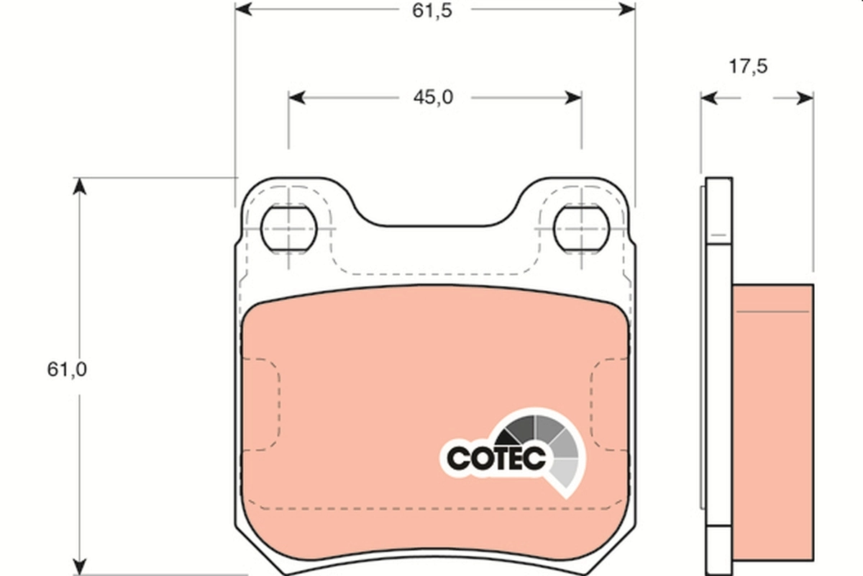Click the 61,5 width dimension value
pyautogui.click(x=432, y=11)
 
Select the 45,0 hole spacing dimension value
pyautogui.click(x=434, y=98)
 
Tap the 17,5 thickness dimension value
pyautogui.click(x=748, y=66)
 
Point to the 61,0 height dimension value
pyautogui.click(x=67, y=369)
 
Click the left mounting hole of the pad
pyautogui.click(x=288, y=229)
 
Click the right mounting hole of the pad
pyautogui.click(x=581, y=229)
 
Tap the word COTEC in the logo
pyautogui.click(x=496, y=458)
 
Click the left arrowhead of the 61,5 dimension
pyautogui.click(x=244, y=9)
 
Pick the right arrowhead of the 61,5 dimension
pyautogui.click(x=626, y=9)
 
